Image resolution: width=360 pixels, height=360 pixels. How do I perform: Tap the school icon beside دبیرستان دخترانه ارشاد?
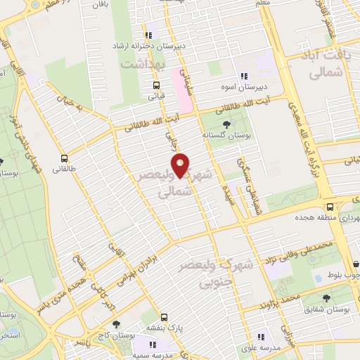(x=148, y=34)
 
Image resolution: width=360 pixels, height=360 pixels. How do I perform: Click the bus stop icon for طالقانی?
(x=64, y=158)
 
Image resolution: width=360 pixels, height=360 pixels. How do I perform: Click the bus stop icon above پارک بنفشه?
(x=163, y=317)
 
